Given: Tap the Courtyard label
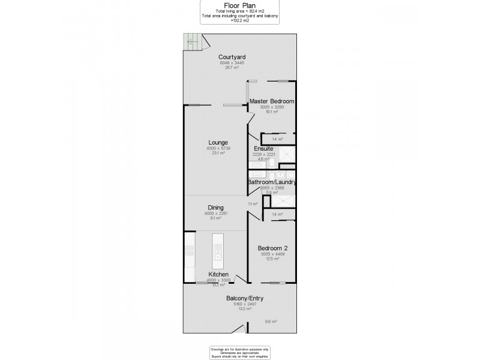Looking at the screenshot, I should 233,56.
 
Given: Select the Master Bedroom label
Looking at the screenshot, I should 272,101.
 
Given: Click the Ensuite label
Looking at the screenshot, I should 264,148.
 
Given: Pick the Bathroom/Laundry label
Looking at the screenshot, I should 272,182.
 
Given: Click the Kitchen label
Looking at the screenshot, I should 218,274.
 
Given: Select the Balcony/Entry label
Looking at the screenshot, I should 240,298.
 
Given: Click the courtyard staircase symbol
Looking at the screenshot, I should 194,41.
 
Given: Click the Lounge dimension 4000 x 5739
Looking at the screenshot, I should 218,148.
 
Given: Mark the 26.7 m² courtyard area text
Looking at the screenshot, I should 233,68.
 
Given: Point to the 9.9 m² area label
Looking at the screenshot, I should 271,322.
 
